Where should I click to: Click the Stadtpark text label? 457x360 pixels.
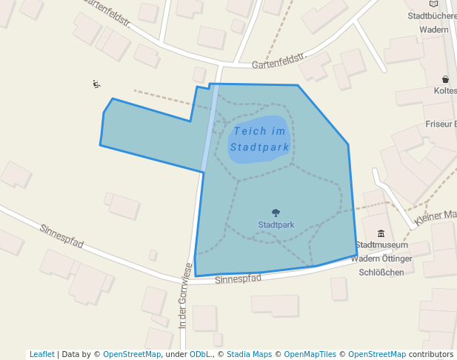276,224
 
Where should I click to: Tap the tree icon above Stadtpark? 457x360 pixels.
276,213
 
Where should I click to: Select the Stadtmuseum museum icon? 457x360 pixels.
381,234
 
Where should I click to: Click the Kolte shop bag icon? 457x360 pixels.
445,79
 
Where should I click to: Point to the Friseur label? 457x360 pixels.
441,124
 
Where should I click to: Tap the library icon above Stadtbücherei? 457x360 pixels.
433,4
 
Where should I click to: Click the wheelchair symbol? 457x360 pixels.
96,84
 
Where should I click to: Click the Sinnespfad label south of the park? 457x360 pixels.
238,279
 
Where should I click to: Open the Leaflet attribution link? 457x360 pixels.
41,354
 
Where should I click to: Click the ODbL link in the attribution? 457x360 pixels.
199,354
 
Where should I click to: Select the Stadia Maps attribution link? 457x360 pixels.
249,354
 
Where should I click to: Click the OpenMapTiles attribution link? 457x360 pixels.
310,354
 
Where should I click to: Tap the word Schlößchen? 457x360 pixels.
381,272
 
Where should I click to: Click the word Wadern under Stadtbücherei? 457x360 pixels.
433,30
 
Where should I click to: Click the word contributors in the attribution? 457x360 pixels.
431,354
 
